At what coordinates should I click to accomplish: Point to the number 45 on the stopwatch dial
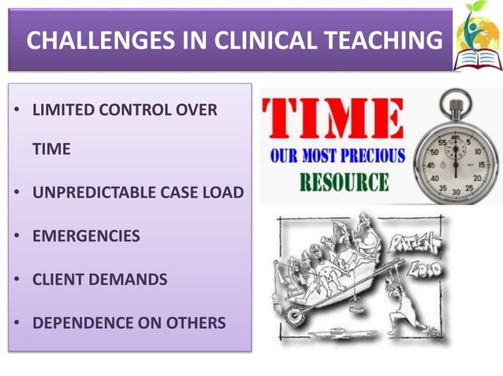pos(432,165)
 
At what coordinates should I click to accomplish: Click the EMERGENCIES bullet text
pos(86,236)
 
